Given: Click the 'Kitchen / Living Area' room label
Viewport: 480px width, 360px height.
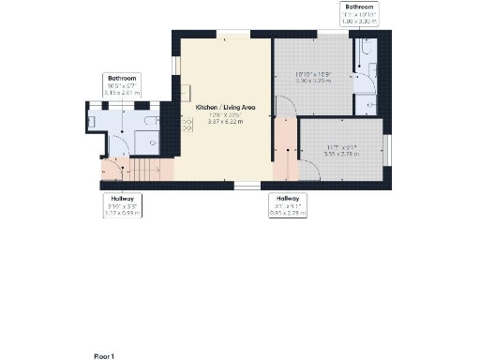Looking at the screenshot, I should [x=225, y=109].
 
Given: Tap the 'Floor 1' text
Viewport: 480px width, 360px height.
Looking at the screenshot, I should [x=104, y=356].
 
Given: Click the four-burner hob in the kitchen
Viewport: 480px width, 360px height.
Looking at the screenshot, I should [x=187, y=93].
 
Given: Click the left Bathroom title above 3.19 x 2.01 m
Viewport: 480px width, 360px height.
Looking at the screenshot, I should [x=123, y=78].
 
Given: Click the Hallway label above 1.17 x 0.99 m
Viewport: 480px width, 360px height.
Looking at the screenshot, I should [x=123, y=198].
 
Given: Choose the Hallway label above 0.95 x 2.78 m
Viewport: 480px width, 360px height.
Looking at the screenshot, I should [x=287, y=198].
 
